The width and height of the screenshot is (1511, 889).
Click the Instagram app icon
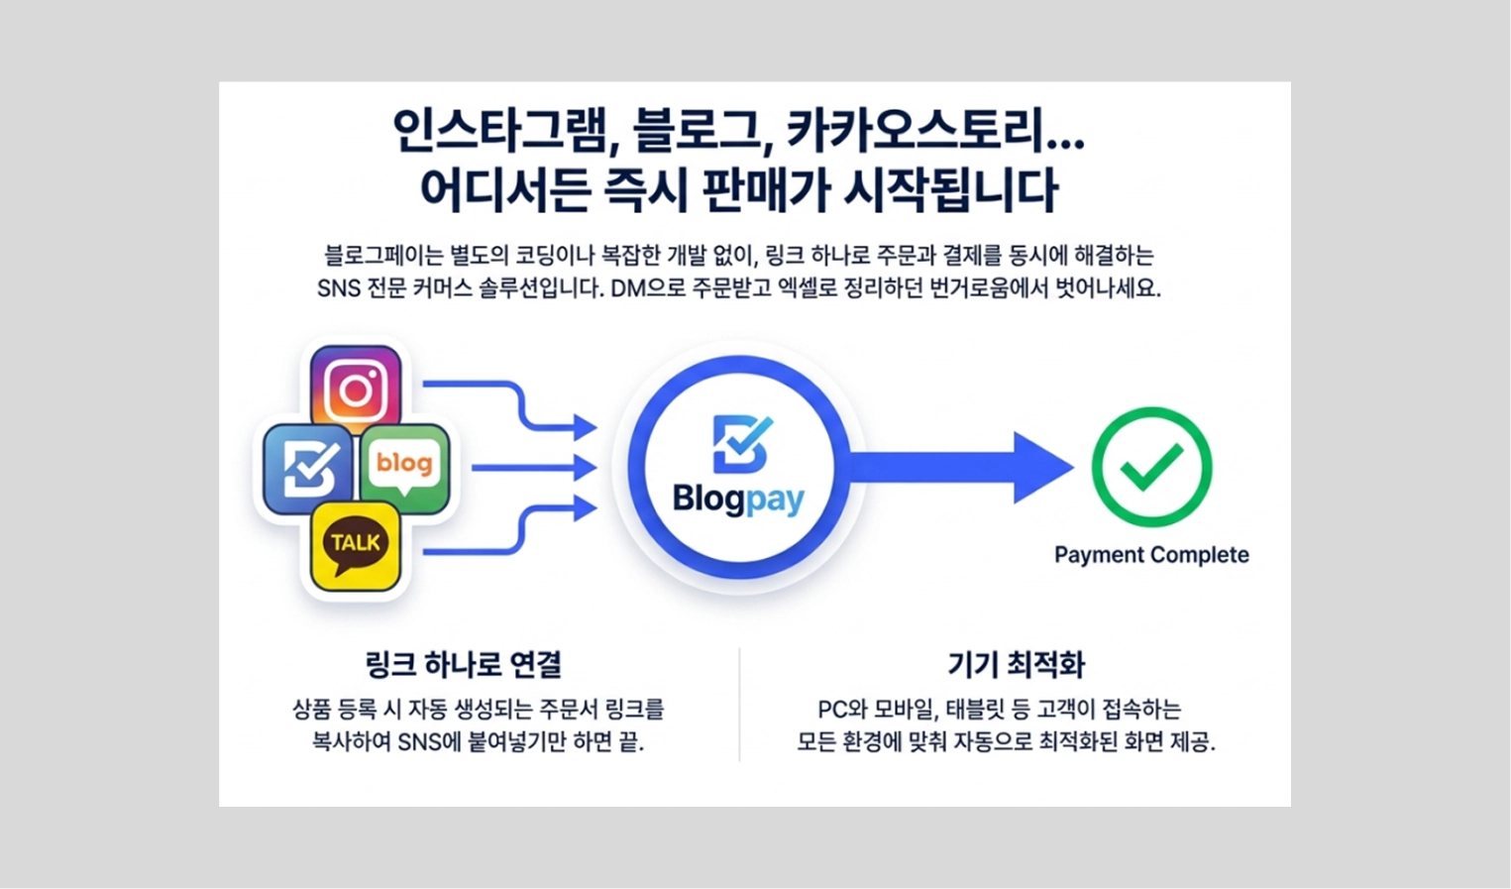pyautogui.click(x=356, y=389)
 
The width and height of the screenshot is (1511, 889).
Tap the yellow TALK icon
pyautogui.click(x=356, y=545)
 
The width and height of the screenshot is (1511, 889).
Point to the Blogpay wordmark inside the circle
pyautogui.click(x=738, y=499)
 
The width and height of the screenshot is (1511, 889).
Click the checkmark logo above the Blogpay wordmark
pyautogui.click(x=741, y=443)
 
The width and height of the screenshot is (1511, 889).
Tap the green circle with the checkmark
pyautogui.click(x=1151, y=467)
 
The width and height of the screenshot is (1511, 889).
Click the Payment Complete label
pyautogui.click(x=1151, y=555)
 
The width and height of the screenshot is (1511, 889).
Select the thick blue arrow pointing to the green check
pyautogui.click(x=961, y=467)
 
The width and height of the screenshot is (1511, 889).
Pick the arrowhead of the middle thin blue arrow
pyautogui.click(x=585, y=468)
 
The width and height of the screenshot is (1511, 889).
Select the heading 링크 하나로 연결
pyautogui.click(x=464, y=664)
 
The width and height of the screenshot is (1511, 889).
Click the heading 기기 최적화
pyautogui.click(x=1016, y=664)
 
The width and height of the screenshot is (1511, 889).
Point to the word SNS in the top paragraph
pyautogui.click(x=339, y=289)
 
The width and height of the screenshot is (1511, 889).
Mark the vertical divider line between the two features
pyautogui.click(x=739, y=704)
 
